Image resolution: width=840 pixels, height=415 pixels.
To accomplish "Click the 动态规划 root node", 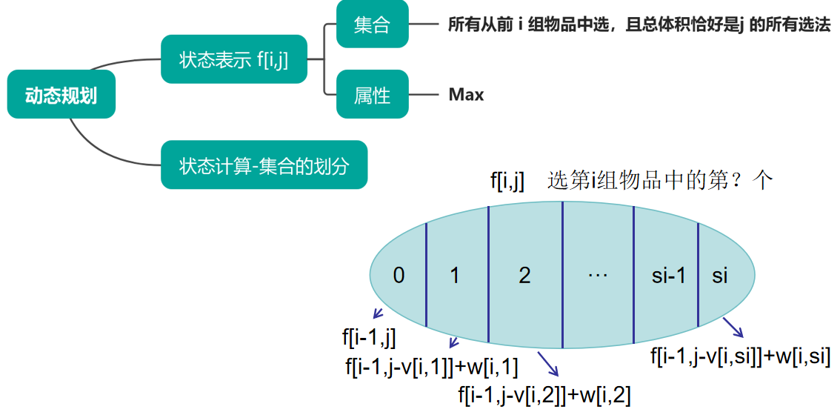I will click(x=61, y=95).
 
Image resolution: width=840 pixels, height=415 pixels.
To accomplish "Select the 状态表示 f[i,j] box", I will click(x=233, y=59).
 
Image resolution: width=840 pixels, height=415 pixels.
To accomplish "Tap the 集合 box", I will click(x=372, y=26).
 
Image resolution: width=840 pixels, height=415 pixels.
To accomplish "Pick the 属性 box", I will click(x=372, y=95).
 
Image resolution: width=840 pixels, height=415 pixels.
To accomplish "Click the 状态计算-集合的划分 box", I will click(x=264, y=165).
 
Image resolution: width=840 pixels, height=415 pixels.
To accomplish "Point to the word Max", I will click(x=466, y=95).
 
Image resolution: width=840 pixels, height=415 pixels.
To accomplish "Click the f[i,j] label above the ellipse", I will click(x=507, y=181).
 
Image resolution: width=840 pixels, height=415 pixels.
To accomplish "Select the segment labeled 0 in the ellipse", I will click(x=399, y=276).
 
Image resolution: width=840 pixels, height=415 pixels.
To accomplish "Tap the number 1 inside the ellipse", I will click(x=455, y=276).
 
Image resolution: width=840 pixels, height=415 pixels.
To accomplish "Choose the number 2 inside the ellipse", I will click(x=524, y=276).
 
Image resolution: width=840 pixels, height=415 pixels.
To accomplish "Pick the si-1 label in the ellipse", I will click(x=669, y=276).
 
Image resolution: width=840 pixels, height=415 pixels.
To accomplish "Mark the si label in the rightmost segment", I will click(x=720, y=276).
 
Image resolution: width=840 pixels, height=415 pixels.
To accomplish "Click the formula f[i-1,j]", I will click(x=369, y=339).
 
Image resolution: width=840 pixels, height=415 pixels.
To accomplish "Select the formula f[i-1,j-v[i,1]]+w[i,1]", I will click(x=432, y=366).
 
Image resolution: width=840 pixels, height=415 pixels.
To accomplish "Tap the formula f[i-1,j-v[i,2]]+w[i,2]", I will click(x=544, y=396).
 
